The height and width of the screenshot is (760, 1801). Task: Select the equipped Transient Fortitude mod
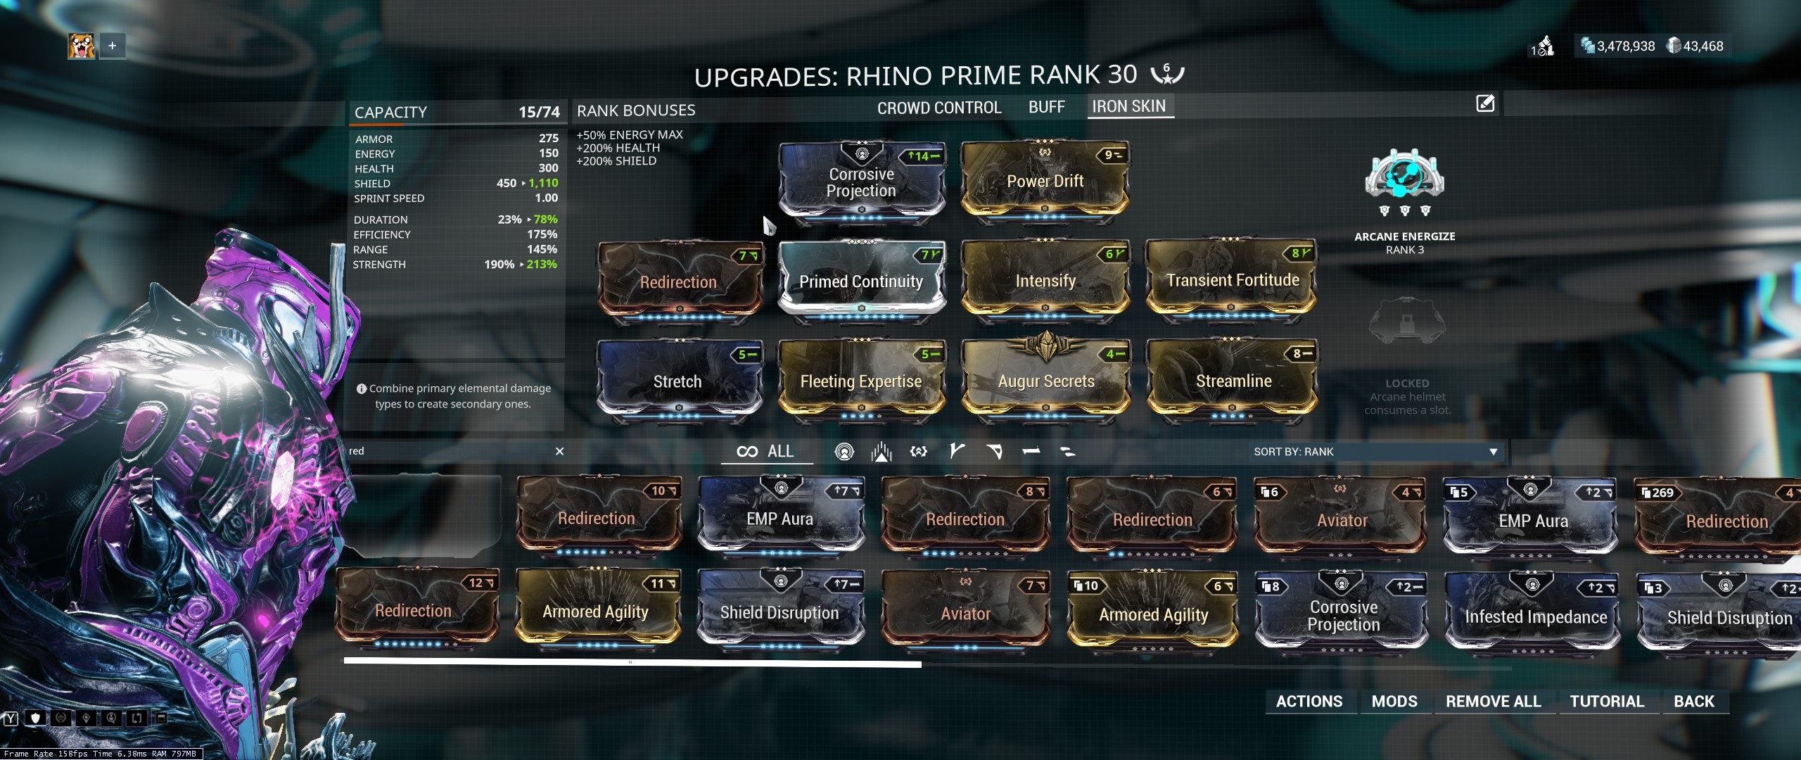tap(1232, 281)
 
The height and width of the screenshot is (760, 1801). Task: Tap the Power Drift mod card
tap(1045, 182)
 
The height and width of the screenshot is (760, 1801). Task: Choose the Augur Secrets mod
tap(1046, 381)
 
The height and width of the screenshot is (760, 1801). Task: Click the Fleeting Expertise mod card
tap(861, 381)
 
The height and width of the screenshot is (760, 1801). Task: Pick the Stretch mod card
tap(677, 381)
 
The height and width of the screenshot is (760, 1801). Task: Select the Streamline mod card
tap(1233, 381)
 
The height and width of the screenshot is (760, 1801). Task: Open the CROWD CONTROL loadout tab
tap(938, 108)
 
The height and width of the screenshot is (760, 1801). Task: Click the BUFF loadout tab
tap(1046, 107)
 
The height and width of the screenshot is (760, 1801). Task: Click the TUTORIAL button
tap(1607, 701)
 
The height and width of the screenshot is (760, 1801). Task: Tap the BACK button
tap(1693, 701)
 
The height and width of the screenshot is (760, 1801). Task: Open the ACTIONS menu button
tap(1309, 701)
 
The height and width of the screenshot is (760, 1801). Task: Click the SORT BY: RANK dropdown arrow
tap(1493, 452)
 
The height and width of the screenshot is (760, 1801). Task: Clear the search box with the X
tap(559, 451)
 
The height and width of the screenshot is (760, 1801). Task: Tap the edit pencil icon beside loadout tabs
tap(1484, 104)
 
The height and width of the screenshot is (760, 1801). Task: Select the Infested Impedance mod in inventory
tap(1535, 617)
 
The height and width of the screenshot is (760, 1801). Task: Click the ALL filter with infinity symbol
tap(766, 451)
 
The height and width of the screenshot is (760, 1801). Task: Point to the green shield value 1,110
tap(543, 183)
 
